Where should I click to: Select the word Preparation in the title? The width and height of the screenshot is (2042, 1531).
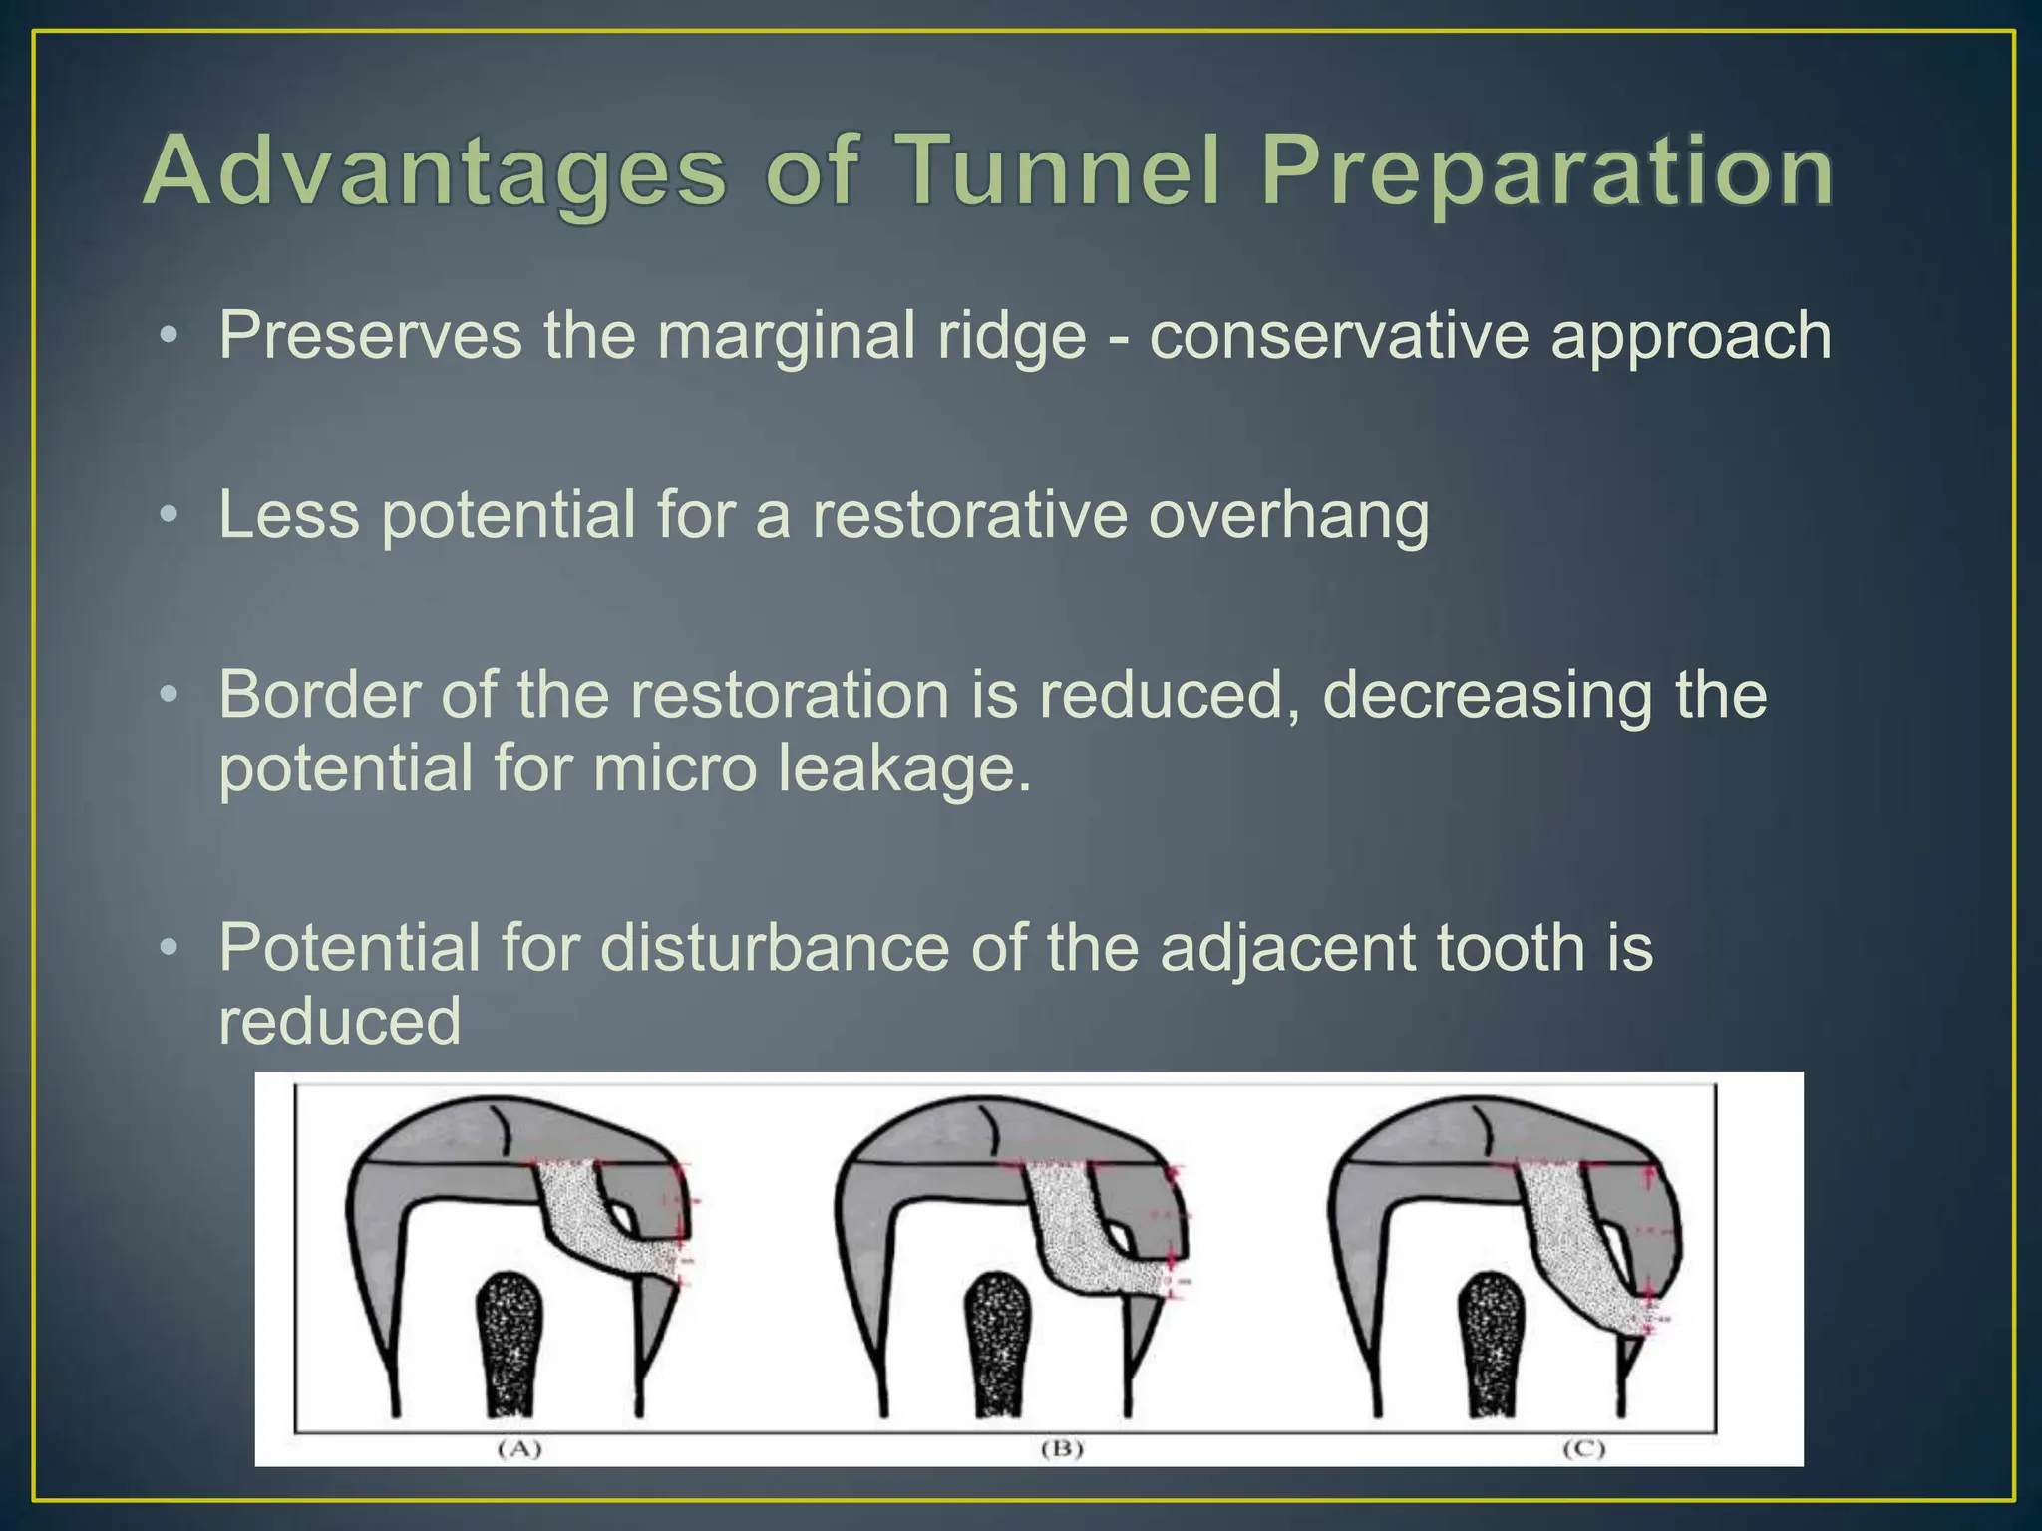coord(1546,171)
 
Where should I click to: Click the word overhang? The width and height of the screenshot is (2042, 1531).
coord(1288,515)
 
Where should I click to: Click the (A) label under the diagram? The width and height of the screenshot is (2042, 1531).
coord(519,1448)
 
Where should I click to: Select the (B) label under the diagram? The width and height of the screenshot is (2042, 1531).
coord(1062,1448)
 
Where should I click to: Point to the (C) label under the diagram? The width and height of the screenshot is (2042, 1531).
coord(1583,1448)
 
